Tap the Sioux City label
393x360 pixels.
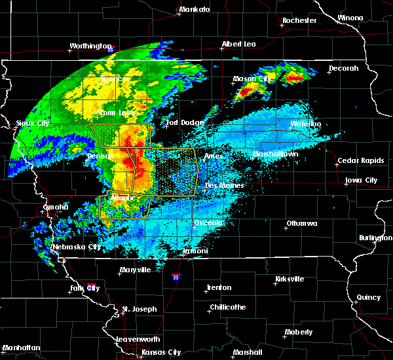pyautogui.click(x=32, y=123)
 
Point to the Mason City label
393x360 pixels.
pyautogui.click(x=252, y=79)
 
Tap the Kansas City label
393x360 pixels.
pyautogui.click(x=162, y=352)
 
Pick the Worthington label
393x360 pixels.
pyautogui.click(x=90, y=46)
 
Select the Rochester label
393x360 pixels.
pyautogui.click(x=299, y=20)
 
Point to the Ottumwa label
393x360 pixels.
pyautogui.click(x=301, y=224)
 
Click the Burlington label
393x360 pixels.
pyautogui.click(x=375, y=238)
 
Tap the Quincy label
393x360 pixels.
pyautogui.click(x=369, y=297)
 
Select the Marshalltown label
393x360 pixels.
pyautogui.click(x=276, y=154)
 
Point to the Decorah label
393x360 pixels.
pyautogui.click(x=344, y=68)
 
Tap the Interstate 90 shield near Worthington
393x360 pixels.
pyautogui.click(x=111, y=49)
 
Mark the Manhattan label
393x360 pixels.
pyautogui.click(x=21, y=348)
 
